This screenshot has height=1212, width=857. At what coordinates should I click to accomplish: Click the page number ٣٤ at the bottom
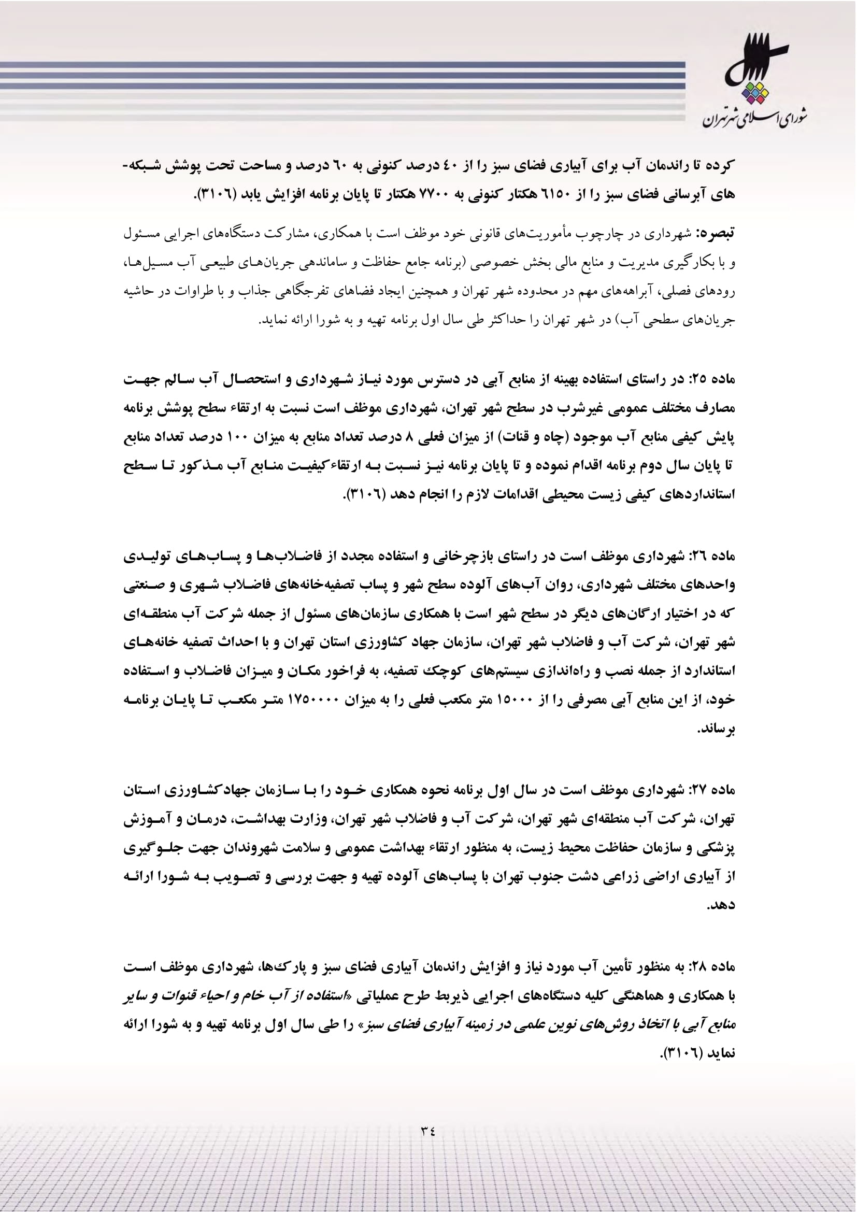point(427,1131)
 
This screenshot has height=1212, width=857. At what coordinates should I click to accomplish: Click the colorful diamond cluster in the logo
point(754,94)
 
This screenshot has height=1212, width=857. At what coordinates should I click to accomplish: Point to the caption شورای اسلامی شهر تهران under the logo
point(754,119)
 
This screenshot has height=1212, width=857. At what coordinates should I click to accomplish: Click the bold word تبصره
point(716,233)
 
